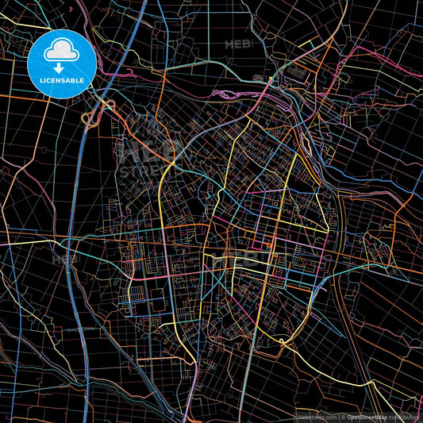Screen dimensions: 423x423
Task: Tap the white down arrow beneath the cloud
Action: tap(60, 68)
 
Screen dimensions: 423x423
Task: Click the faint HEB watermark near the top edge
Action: tap(239, 45)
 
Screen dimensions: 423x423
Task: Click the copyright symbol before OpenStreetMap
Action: tap(342, 416)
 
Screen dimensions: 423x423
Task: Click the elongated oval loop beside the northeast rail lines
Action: tap(305, 141)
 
